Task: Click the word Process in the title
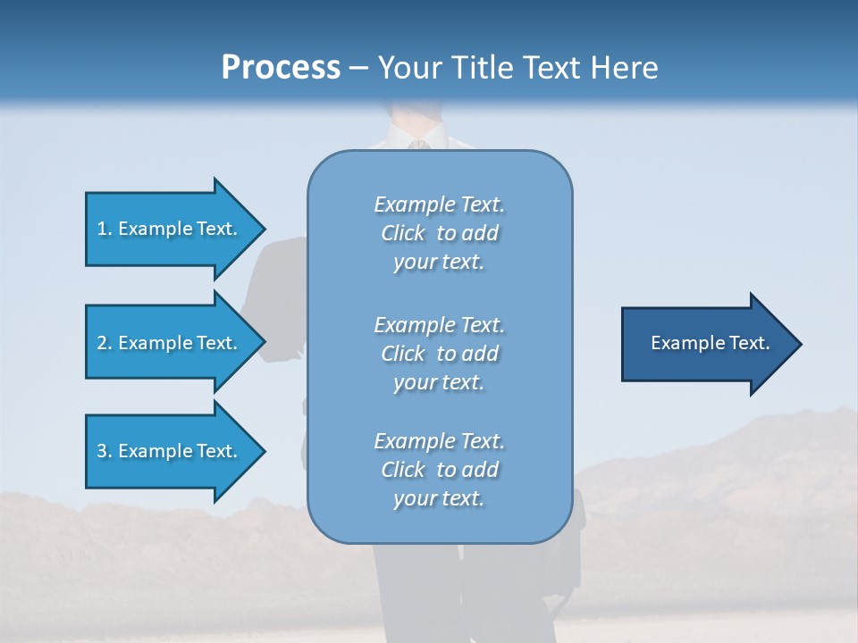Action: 281,68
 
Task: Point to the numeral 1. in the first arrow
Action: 105,229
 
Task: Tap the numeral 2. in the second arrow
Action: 105,343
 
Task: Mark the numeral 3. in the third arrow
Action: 105,451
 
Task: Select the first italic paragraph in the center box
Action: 439,233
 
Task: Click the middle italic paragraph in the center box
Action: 439,354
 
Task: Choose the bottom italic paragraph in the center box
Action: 439,470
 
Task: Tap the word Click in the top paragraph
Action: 403,233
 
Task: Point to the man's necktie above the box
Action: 416,144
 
